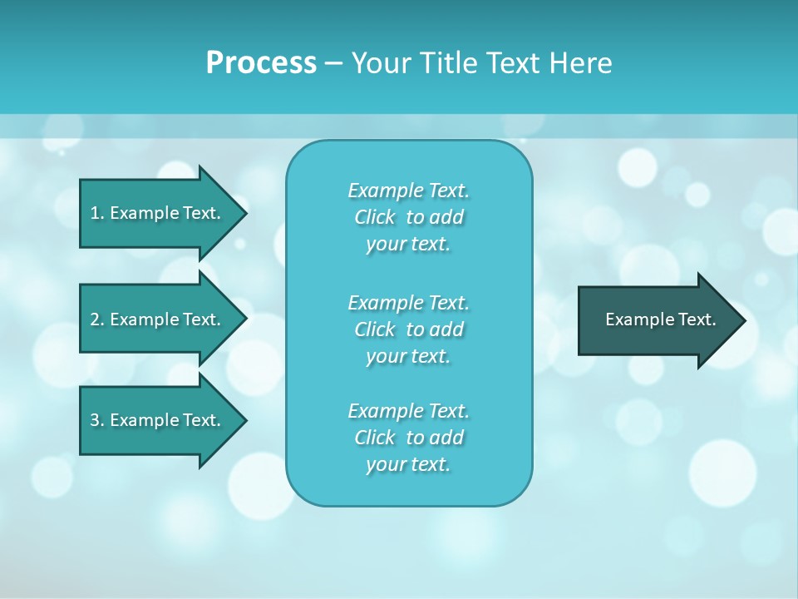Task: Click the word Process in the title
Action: tap(261, 63)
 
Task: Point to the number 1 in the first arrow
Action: tap(95, 213)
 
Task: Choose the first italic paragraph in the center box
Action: tap(408, 217)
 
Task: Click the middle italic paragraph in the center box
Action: tap(408, 329)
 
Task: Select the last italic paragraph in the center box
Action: tap(408, 438)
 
